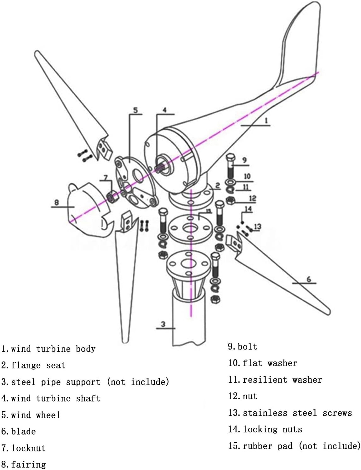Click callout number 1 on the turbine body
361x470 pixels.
click(x=266, y=120)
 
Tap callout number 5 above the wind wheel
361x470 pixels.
click(x=135, y=110)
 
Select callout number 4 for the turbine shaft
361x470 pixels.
click(x=164, y=110)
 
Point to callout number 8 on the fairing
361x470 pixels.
click(x=56, y=202)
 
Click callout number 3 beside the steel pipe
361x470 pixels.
click(x=163, y=324)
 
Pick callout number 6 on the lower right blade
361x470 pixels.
click(x=309, y=279)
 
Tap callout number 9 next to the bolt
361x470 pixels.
click(x=244, y=160)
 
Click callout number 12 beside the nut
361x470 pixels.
click(x=252, y=198)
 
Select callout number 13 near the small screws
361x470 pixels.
click(x=257, y=226)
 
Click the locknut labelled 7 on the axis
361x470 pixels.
click(x=112, y=197)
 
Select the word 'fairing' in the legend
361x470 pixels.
click(x=28, y=464)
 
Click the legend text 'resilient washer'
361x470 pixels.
click(x=282, y=380)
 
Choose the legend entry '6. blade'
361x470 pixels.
click(x=19, y=431)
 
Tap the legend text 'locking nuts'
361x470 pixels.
click(x=272, y=429)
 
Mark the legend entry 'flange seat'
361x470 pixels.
click(x=38, y=365)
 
